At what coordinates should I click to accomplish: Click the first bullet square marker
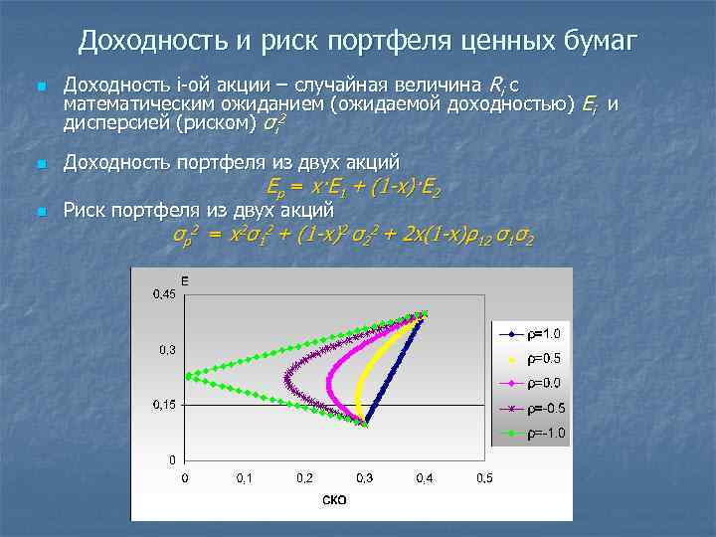coord(40,89)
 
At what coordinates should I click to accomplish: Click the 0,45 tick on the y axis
coord(164,294)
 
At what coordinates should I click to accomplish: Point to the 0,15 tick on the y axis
coord(164,405)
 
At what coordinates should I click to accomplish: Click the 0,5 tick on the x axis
coord(484,478)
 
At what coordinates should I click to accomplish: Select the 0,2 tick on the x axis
coord(304,478)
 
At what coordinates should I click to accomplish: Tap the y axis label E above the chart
coord(185,281)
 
